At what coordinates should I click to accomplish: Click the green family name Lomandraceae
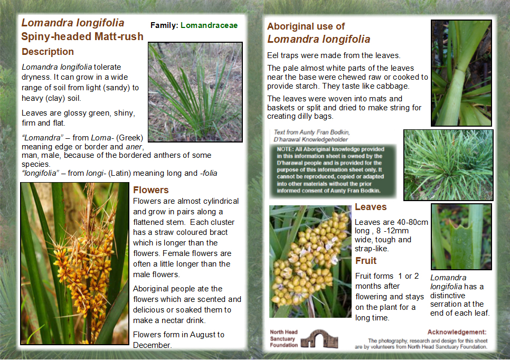click(209, 25)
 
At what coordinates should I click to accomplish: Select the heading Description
click(48, 52)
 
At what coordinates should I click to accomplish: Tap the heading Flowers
click(150, 190)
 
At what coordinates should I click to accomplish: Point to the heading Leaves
click(371, 207)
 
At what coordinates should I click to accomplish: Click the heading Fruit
click(366, 261)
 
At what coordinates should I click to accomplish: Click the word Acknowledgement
click(457, 332)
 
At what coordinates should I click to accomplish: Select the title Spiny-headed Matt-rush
click(82, 36)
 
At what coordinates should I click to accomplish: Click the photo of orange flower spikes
click(74, 263)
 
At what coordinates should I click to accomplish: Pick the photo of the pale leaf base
click(461, 72)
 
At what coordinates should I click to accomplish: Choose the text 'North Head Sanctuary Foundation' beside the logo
click(284, 338)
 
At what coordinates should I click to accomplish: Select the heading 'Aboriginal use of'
click(306, 26)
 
